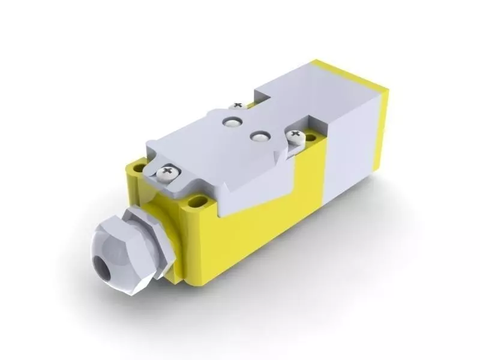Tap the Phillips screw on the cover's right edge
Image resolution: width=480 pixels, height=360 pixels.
pos(295,137)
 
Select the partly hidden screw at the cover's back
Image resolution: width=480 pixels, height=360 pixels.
pos(238,106)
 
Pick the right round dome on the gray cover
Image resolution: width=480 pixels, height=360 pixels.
pos(259,137)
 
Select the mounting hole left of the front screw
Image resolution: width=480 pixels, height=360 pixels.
pos(139,168)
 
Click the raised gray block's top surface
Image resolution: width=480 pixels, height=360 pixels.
pos(300,90)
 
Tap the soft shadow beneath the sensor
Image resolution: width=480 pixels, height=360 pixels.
pos(312,258)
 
